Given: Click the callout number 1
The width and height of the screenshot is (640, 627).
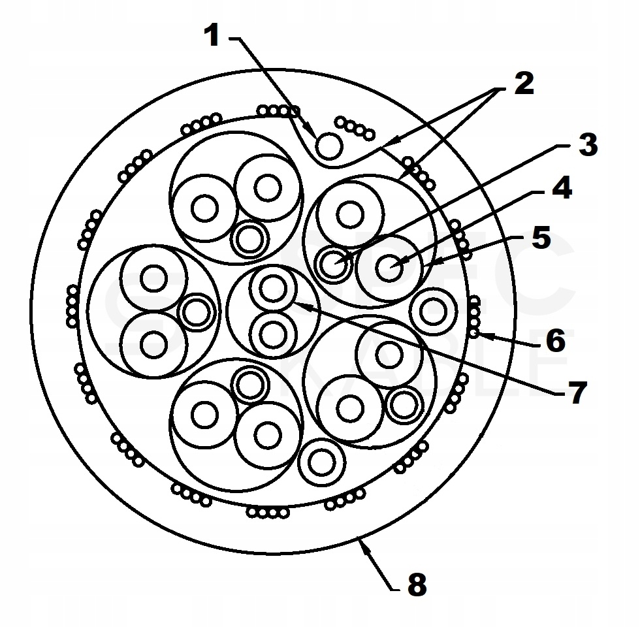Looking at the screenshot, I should tap(212, 36).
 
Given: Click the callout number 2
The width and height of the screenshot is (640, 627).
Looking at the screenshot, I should tap(522, 83).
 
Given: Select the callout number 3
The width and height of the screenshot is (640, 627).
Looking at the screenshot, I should tap(587, 145).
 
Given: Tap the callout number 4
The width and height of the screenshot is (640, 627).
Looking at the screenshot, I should tap(561, 187).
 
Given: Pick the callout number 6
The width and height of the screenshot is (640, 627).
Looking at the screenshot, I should tap(556, 340).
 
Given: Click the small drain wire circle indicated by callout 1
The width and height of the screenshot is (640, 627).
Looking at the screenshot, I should tap(328, 145).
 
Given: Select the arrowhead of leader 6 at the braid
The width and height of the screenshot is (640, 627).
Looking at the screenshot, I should tap(480, 334).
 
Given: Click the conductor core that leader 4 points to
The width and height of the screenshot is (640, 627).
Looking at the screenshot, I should tap(391, 267).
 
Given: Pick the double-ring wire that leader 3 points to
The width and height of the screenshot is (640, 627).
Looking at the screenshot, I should tap(334, 264).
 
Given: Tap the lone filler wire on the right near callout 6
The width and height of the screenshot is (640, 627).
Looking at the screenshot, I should tap(432, 312).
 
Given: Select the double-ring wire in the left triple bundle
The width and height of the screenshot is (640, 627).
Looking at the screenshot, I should tap(195, 312).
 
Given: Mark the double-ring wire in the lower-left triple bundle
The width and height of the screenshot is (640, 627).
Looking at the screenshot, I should tap(249, 385).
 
